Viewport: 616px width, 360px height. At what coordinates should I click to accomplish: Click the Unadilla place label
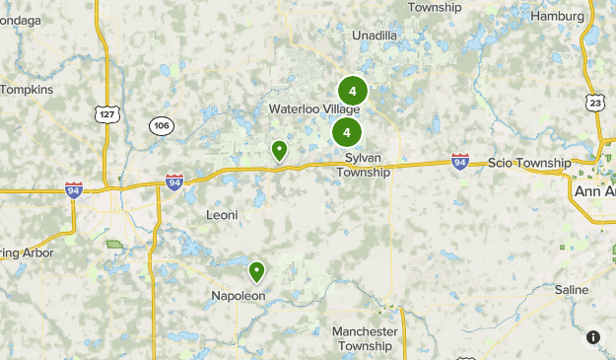coord(375,36)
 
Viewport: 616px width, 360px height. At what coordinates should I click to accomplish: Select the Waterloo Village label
coord(314,108)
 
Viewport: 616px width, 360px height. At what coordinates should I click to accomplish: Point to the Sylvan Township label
coord(363,165)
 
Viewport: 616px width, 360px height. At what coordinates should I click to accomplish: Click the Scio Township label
coord(529,163)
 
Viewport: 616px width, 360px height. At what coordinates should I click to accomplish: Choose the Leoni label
coord(222,214)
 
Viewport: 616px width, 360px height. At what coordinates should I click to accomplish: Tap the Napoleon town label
coord(239,295)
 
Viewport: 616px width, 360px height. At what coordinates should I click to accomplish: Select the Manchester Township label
coord(365,338)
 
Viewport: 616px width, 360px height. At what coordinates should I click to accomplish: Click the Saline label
coord(571,290)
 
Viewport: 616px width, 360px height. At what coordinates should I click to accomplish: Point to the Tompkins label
coord(27,90)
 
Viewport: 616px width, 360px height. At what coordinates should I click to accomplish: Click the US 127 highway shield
coord(107,113)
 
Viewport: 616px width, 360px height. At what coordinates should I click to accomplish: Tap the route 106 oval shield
coord(162,125)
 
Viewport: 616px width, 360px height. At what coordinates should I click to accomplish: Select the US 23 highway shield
coord(594,104)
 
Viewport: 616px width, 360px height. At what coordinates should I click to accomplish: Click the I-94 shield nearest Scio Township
coord(459,160)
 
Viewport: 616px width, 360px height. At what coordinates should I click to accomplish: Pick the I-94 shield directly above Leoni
coord(173,181)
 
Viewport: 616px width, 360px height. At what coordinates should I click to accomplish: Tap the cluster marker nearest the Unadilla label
coord(352,91)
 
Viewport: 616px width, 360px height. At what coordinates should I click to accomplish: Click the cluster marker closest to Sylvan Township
coord(346,132)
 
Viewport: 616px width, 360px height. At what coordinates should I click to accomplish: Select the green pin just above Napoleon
coord(256,270)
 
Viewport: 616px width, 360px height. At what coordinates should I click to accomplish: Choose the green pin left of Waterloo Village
coord(279,150)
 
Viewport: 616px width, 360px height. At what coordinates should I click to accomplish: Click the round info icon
coord(593,337)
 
